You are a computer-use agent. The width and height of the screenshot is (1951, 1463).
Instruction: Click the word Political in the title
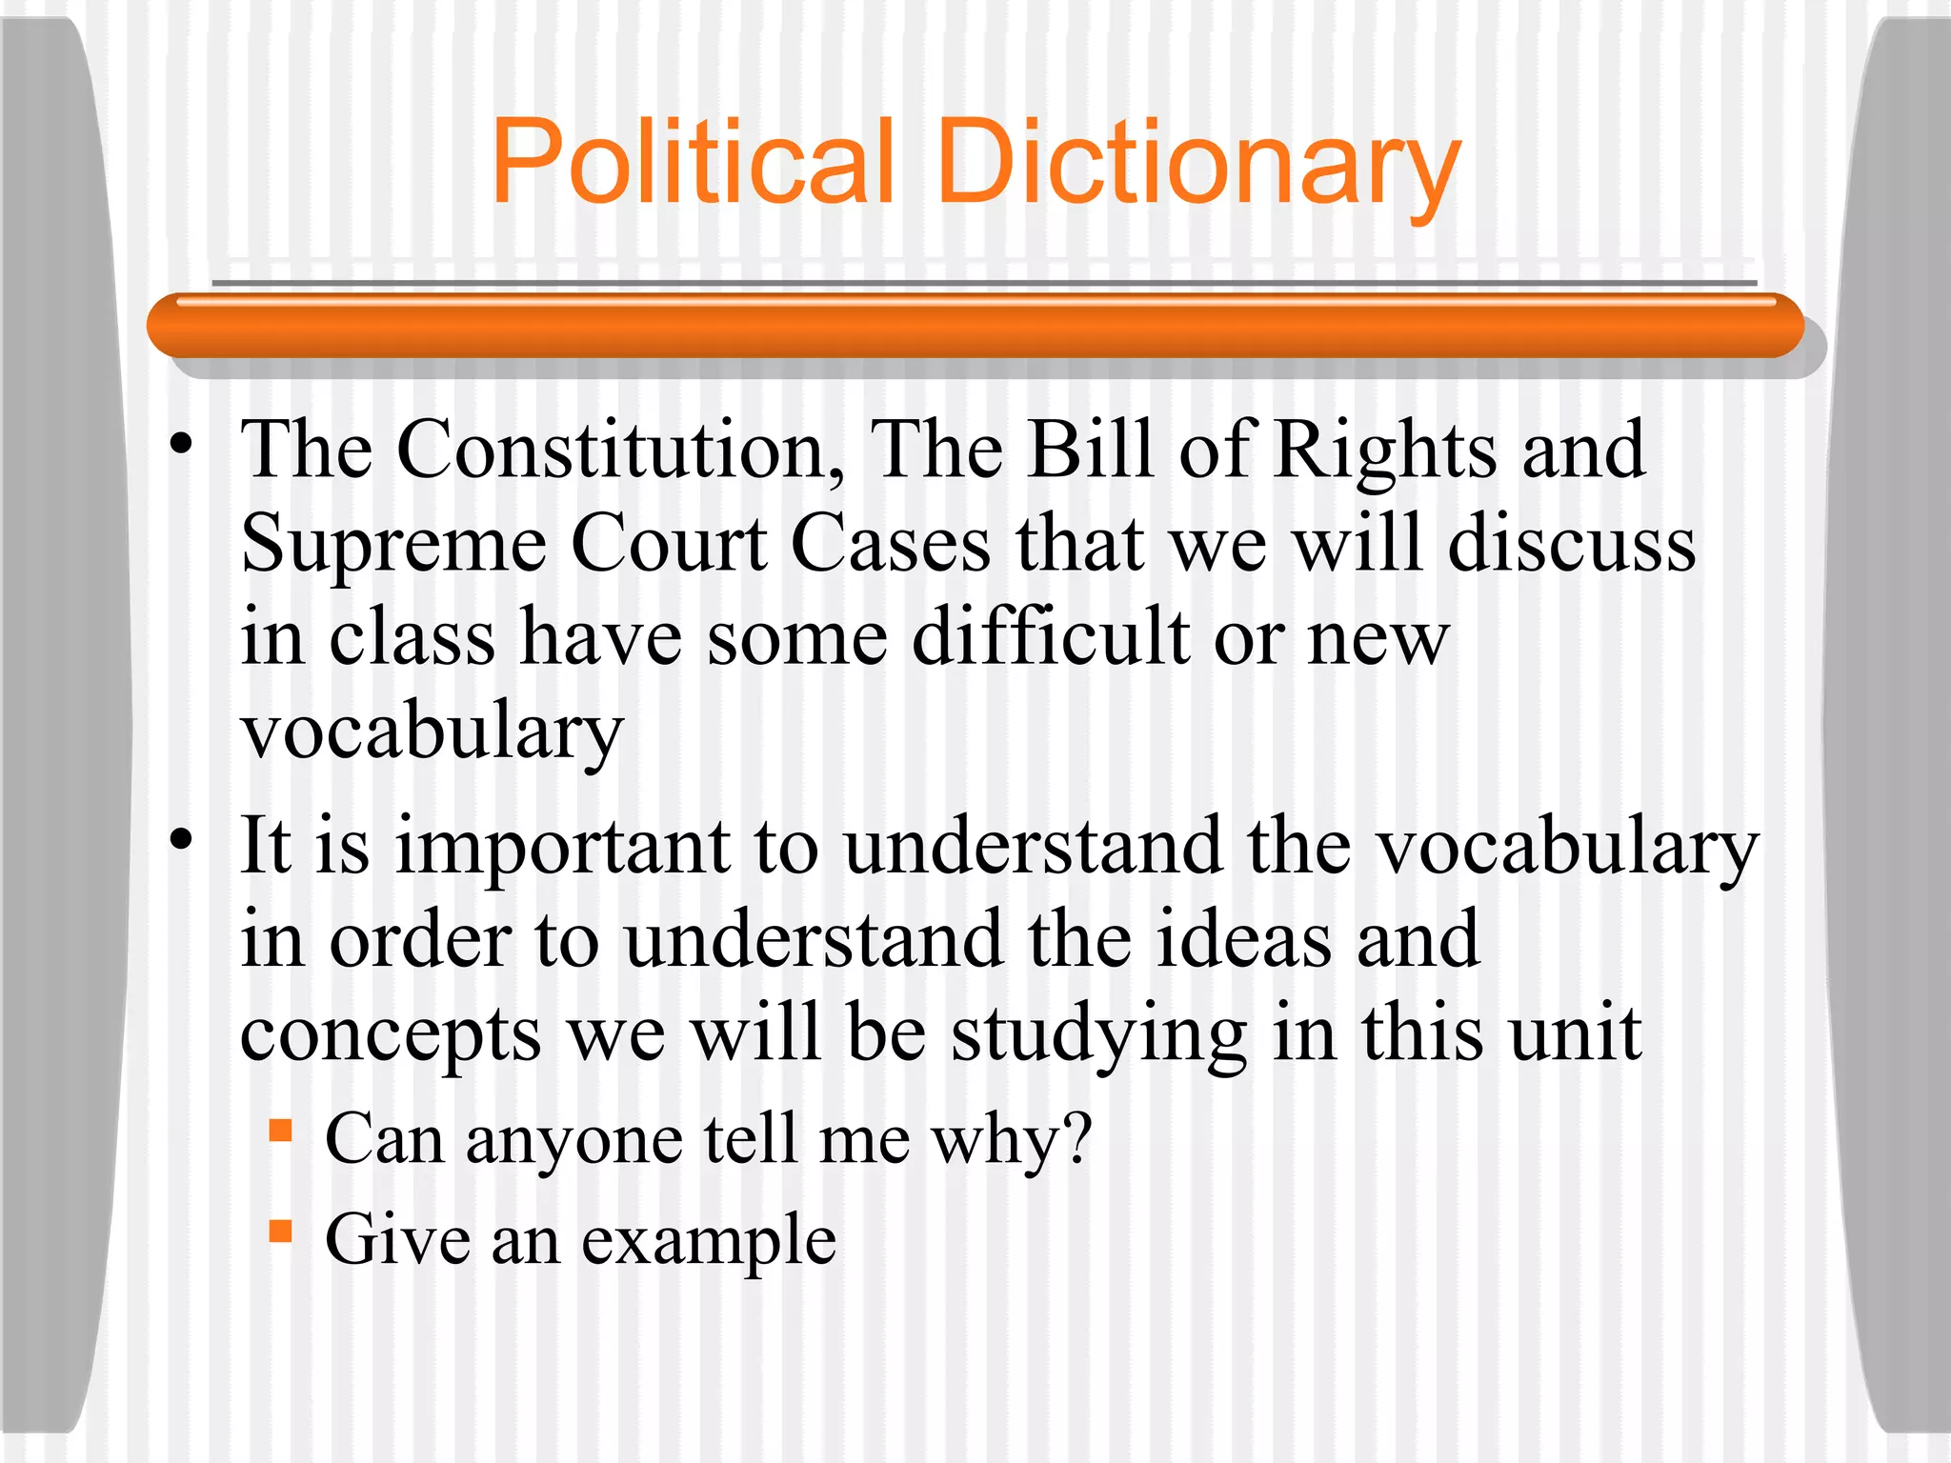click(x=693, y=162)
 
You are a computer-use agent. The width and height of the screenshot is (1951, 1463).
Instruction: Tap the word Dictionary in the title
click(x=1199, y=162)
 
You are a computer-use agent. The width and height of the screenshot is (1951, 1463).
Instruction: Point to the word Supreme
click(x=393, y=545)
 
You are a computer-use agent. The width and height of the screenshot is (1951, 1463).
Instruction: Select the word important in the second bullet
click(x=563, y=846)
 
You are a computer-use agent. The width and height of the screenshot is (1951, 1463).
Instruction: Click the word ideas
click(x=1243, y=939)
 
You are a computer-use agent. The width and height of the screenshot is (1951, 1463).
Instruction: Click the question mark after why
click(x=1076, y=1137)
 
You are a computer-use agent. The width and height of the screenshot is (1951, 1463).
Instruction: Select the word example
click(x=709, y=1240)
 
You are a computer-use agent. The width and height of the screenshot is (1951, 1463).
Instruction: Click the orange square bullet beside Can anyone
click(x=280, y=1131)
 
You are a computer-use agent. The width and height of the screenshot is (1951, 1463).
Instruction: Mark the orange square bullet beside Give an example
click(x=280, y=1232)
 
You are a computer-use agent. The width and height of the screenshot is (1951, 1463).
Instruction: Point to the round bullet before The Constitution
click(x=182, y=444)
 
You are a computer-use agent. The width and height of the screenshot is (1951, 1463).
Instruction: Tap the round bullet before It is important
click(x=182, y=839)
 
